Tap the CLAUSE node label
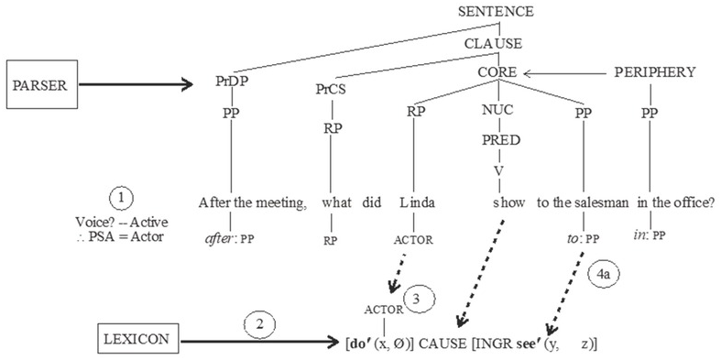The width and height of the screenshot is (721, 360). pyautogui.click(x=497, y=43)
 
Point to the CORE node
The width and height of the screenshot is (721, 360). pyautogui.click(x=497, y=71)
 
